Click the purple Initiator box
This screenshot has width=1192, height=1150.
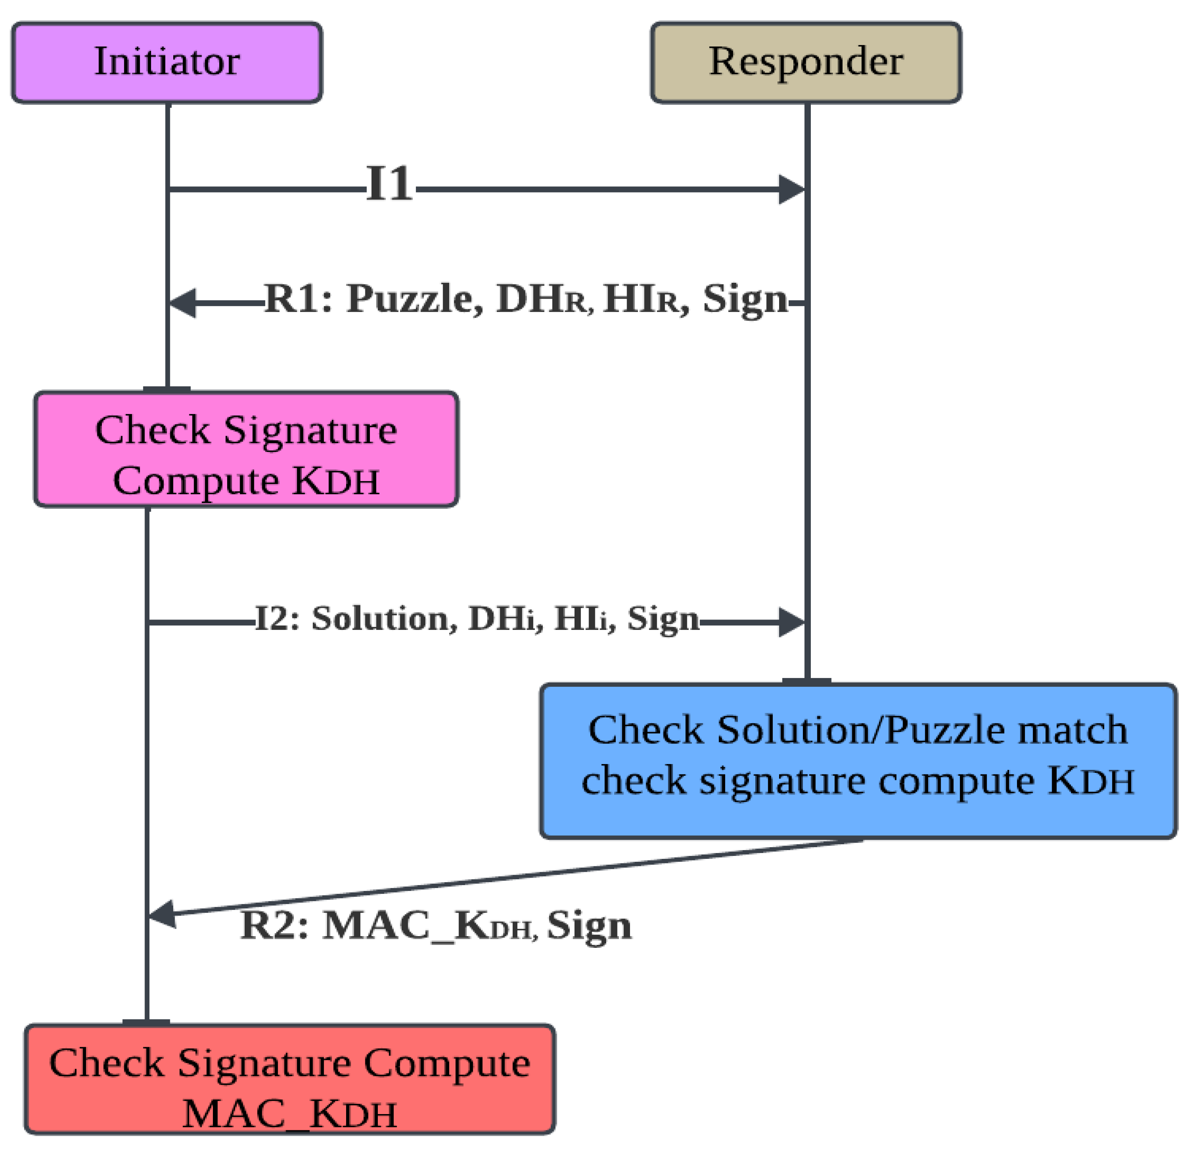pos(167,63)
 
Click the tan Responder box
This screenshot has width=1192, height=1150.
pos(805,63)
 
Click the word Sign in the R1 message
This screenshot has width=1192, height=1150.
pos(744,300)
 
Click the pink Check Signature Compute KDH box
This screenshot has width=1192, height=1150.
pos(245,449)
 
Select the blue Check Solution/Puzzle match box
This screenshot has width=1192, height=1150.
pos(858,761)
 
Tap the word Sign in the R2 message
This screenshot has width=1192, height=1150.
pos(589,926)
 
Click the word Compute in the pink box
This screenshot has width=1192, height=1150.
pos(196,481)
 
